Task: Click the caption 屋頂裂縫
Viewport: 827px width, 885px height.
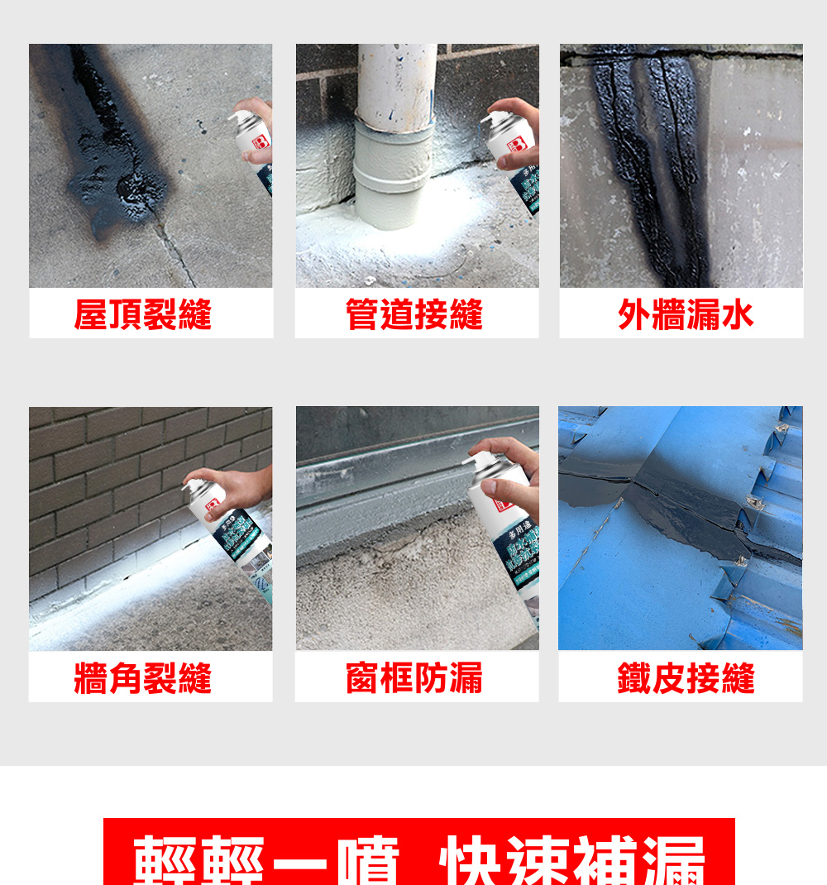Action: pos(142,314)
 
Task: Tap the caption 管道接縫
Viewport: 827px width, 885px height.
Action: pos(413,314)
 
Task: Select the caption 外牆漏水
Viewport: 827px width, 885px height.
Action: pos(686,314)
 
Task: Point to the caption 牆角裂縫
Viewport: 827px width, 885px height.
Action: pos(142,678)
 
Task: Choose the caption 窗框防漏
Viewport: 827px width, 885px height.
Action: pos(413,678)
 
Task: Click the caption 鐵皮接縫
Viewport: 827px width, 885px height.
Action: pos(686,678)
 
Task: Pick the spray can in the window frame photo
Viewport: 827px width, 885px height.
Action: pos(504,529)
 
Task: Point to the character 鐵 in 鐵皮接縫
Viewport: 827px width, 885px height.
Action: pos(634,678)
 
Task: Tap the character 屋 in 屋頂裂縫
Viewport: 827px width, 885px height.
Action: pos(91,314)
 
